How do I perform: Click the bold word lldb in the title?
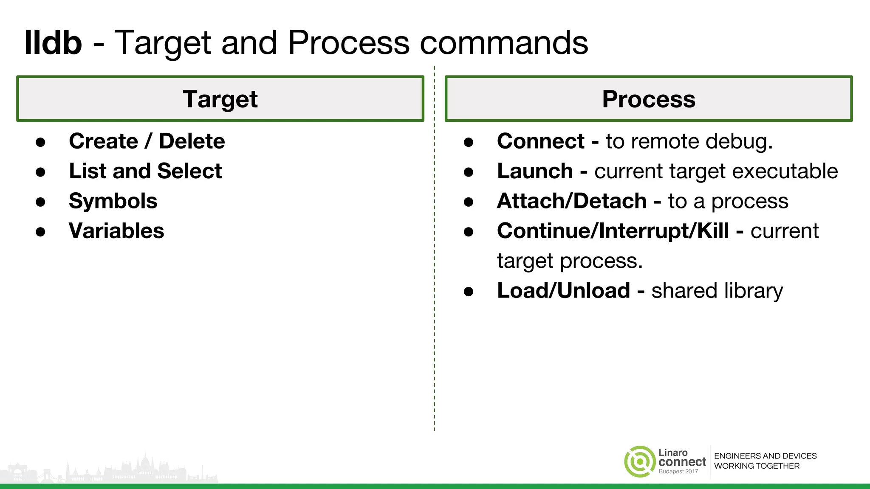(x=53, y=43)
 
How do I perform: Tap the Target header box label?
(x=220, y=99)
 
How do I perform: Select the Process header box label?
(x=648, y=99)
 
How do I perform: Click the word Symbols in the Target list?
(x=113, y=201)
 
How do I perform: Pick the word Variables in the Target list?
(x=116, y=231)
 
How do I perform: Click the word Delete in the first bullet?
(x=192, y=141)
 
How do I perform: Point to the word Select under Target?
(x=189, y=171)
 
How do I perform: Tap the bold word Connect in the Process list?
(x=540, y=141)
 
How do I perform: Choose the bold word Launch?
(x=535, y=171)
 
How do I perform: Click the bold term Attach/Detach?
(x=571, y=201)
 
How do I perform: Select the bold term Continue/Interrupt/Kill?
(x=613, y=231)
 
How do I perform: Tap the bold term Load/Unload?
(x=563, y=291)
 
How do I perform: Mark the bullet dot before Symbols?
(x=40, y=202)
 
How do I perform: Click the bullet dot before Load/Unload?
(x=468, y=292)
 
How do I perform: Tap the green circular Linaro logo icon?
(x=639, y=461)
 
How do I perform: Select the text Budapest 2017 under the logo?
(x=678, y=472)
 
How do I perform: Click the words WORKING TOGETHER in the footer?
(x=756, y=466)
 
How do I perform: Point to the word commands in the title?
(x=503, y=43)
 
